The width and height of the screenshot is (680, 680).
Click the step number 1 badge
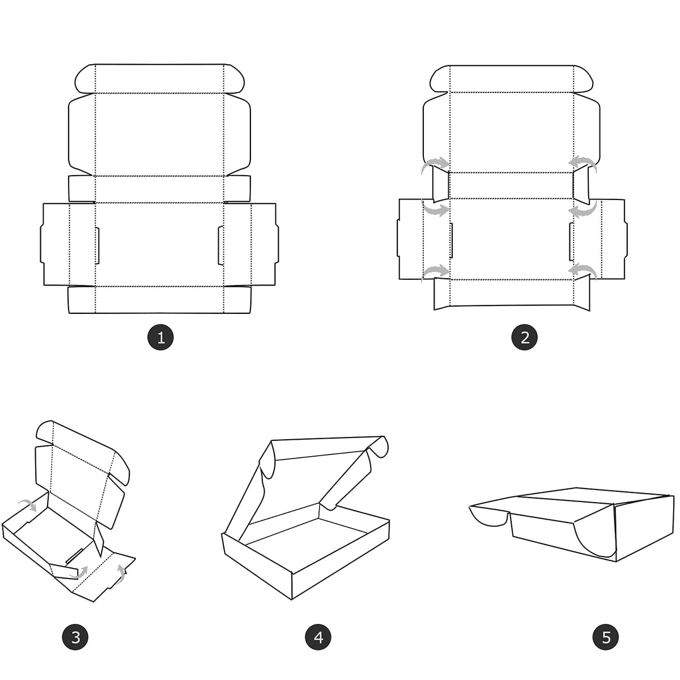(x=160, y=337)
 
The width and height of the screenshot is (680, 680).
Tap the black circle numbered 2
(x=524, y=337)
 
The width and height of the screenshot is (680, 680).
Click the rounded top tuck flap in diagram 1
(x=159, y=79)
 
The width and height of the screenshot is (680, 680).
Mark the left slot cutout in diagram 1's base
(x=97, y=245)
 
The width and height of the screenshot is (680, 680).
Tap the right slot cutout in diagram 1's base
(x=221, y=245)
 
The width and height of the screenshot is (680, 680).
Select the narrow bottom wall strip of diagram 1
(x=159, y=300)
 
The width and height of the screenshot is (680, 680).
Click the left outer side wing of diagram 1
(x=56, y=244)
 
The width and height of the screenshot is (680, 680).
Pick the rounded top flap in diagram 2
(x=512, y=79)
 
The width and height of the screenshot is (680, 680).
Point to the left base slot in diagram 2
(x=451, y=240)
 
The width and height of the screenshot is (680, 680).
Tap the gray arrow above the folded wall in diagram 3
(x=28, y=505)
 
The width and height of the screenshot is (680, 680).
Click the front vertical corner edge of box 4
(x=292, y=586)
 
